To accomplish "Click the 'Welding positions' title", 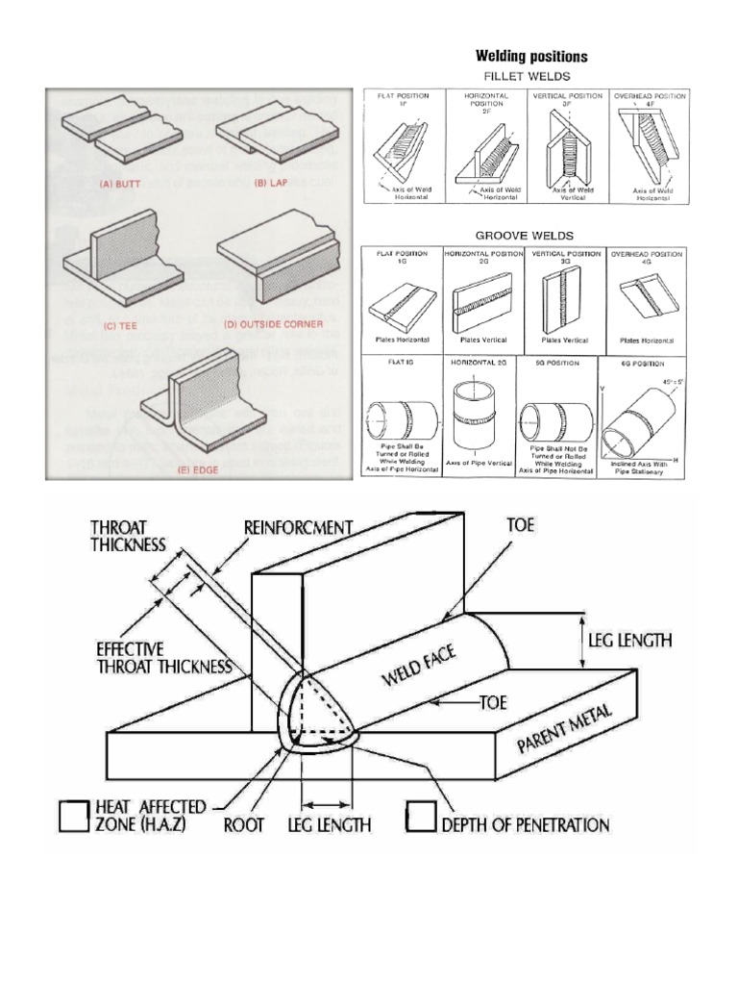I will [532, 57].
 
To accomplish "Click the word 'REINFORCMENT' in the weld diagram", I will [298, 527].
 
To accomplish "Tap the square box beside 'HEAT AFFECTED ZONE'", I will [73, 816].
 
